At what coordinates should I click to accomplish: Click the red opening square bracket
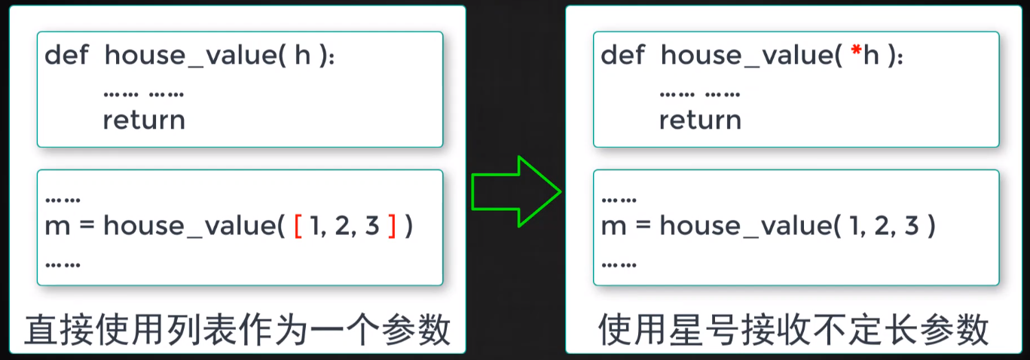(x=298, y=227)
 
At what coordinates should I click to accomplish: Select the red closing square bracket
(x=391, y=227)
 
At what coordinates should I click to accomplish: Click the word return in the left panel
(x=144, y=121)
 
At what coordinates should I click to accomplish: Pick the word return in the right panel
(x=700, y=121)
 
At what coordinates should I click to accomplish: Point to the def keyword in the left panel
(x=65, y=55)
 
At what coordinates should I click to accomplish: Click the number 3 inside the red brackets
(x=371, y=227)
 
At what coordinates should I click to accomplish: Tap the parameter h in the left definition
(x=303, y=55)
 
